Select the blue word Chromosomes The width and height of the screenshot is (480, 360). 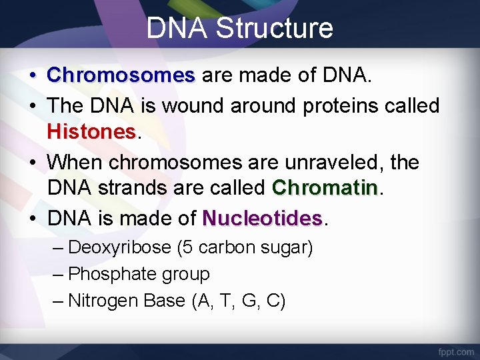[121, 75]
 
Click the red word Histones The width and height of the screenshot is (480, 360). [91, 132]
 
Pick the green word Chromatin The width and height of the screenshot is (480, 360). [325, 188]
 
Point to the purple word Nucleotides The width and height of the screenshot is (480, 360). [263, 218]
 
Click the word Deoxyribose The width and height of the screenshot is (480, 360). [120, 247]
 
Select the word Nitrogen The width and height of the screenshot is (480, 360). [103, 301]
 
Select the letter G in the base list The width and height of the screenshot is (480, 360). [249, 301]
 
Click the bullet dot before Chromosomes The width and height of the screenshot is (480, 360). [32, 76]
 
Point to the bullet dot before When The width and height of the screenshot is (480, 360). [32, 163]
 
